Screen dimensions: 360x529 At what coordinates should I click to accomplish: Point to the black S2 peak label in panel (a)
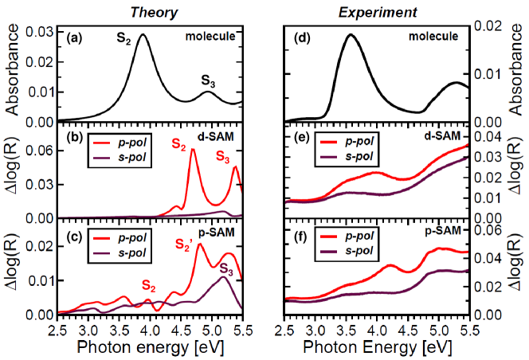pos(124,36)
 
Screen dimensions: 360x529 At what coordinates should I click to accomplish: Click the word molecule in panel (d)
pos(435,36)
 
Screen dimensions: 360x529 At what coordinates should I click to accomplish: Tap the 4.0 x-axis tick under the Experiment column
pos(376,327)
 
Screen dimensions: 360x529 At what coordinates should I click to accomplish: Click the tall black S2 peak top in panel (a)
pos(143,35)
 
